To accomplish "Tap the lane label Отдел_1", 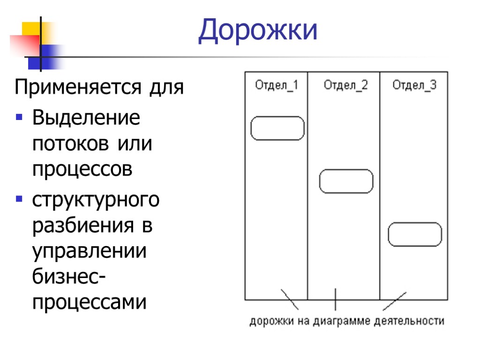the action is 277,85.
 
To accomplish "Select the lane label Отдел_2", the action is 346,85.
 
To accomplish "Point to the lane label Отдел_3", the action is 414,85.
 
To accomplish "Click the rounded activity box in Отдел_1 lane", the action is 277,128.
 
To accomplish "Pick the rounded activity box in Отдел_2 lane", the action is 346,181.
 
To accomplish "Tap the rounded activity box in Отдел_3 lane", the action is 415,235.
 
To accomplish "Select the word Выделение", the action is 86,118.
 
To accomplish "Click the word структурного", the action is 96,201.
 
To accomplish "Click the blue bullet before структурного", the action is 19,199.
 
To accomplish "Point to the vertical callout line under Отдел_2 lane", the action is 335,299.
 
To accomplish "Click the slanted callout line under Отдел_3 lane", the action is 395,301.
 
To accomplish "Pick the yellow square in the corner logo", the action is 31,29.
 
